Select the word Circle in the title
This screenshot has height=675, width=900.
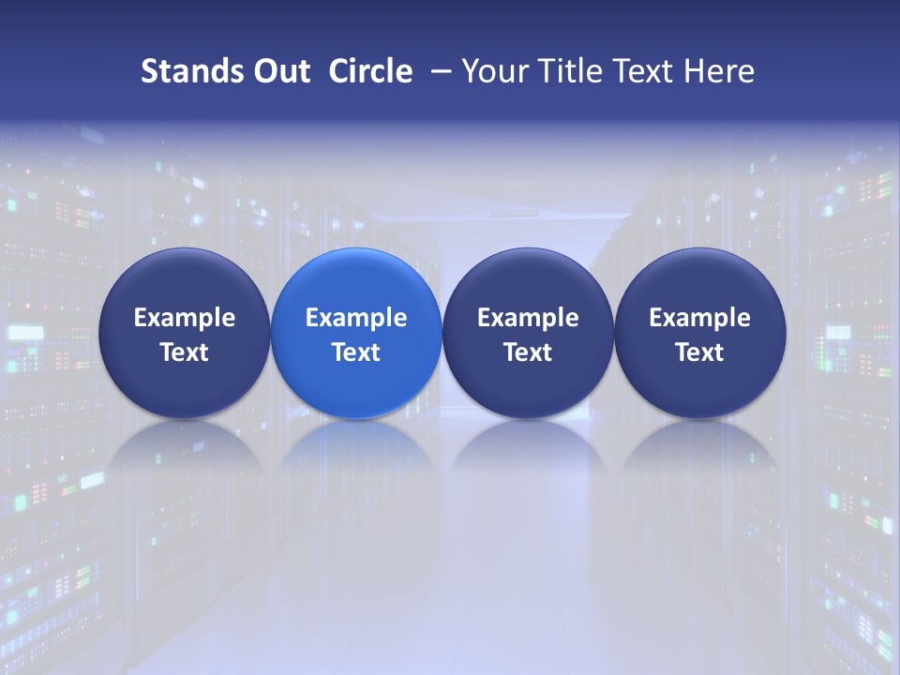(370, 71)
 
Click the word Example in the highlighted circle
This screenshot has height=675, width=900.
(356, 318)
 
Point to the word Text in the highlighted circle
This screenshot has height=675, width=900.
(356, 352)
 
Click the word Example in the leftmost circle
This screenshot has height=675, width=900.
(185, 318)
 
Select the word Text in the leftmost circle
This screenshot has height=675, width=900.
(185, 352)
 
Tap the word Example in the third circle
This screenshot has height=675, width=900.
(528, 318)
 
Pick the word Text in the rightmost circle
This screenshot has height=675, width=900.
(700, 352)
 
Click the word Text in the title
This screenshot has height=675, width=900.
(647, 71)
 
